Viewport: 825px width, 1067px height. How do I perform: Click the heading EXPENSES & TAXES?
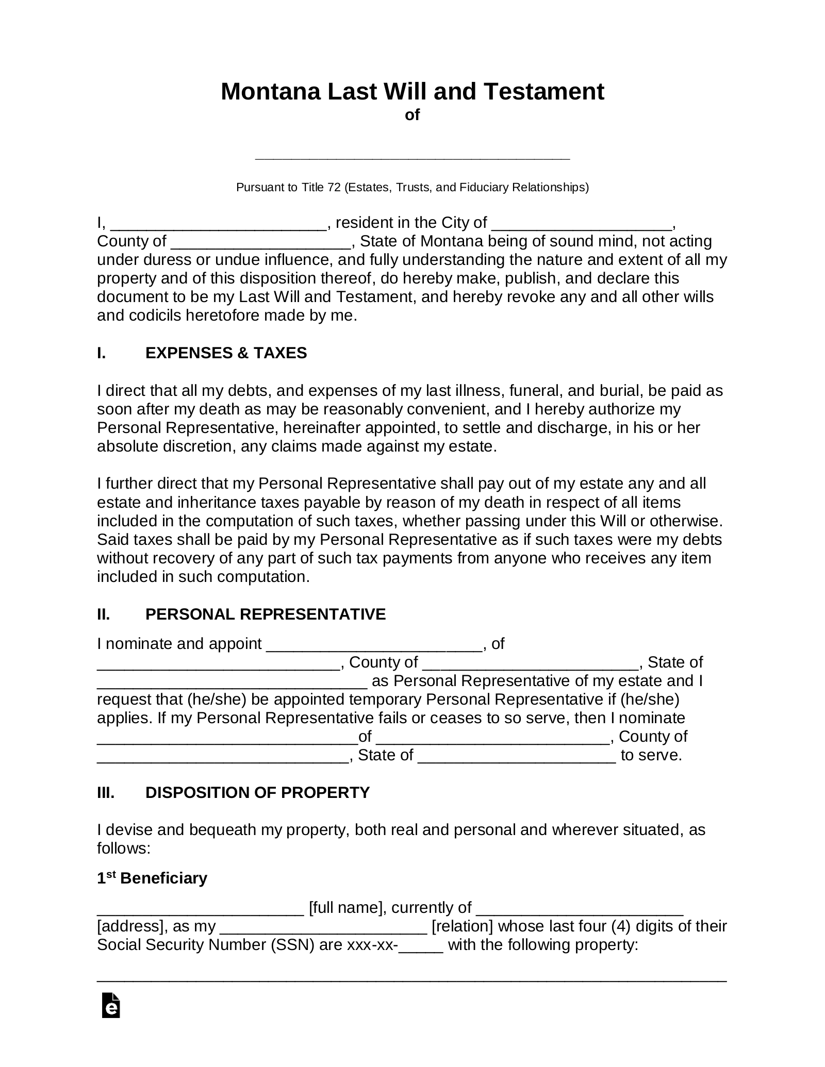(226, 353)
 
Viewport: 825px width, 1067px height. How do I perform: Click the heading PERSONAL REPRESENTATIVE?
(265, 614)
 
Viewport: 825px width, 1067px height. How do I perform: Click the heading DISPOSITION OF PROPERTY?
(257, 792)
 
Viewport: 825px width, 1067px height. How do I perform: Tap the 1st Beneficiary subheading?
(152, 878)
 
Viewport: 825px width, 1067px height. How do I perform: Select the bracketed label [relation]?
(462, 926)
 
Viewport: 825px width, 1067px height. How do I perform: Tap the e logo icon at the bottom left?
(111, 1005)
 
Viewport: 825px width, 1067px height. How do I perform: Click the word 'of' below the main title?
(412, 115)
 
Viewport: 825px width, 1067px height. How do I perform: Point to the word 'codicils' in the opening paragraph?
(155, 315)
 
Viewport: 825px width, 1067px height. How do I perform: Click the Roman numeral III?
(106, 792)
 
